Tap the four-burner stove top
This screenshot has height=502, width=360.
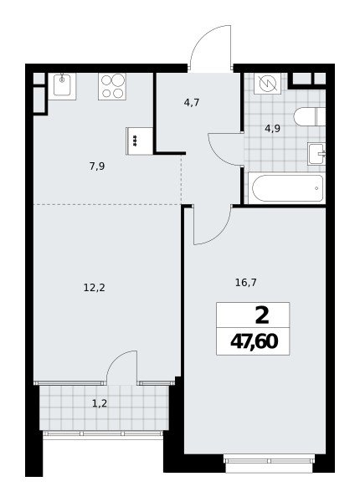112,86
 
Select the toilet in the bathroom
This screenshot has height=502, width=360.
310,116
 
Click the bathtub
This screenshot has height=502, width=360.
287,188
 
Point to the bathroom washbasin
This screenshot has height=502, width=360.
316,154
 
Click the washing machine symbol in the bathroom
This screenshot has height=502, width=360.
267,84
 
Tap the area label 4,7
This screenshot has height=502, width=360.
192,103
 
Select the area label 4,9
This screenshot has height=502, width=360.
272,128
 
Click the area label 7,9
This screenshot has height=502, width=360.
97,166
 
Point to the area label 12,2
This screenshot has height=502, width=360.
95,288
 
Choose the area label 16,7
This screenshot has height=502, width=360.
245,283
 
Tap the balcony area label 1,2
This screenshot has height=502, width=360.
100,404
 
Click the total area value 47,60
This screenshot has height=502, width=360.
254,342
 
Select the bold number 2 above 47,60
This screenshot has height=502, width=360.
262,316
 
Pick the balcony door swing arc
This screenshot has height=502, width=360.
116,360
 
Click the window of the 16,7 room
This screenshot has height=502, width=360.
269,461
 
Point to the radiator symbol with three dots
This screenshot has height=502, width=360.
135,141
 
